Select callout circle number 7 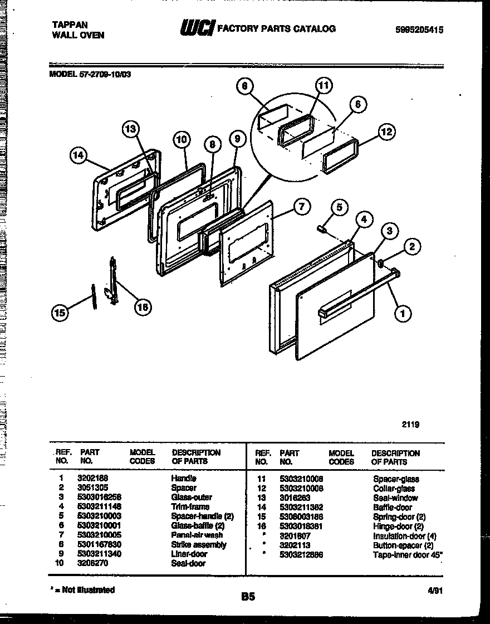(301, 207)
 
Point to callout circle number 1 (402, 314)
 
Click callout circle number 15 (60, 313)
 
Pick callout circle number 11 (324, 85)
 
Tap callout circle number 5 (339, 208)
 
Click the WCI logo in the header (196, 28)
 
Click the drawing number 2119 (410, 424)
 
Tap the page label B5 (248, 597)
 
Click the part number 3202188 (92, 478)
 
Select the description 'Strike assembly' (198, 544)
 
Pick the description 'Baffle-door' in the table (393, 508)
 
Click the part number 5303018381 (301, 526)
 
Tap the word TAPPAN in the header (70, 24)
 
